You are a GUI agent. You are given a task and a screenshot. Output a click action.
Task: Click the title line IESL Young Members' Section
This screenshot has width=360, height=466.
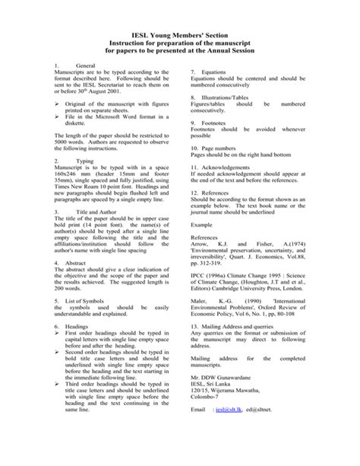[179, 36]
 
